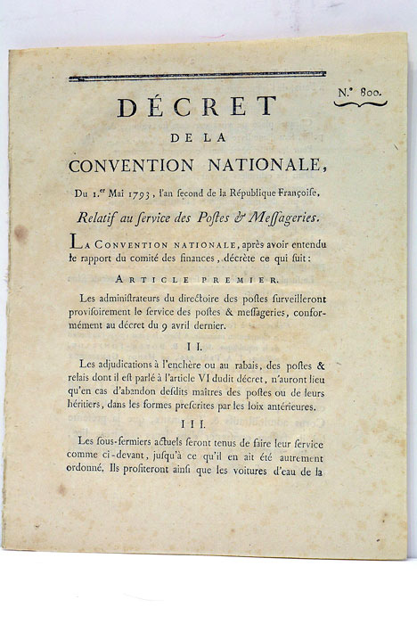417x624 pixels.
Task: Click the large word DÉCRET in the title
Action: pos(197,107)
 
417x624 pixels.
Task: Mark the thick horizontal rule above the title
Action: pos(197,77)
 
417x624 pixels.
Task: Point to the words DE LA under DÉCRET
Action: pos(197,138)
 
